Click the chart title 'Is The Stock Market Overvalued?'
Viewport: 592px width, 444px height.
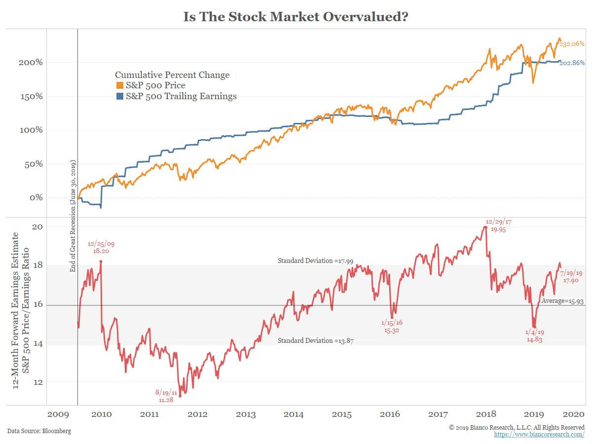(x=296, y=17)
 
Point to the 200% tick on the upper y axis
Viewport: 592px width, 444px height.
(x=31, y=63)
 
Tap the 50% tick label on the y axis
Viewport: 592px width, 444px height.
(x=33, y=164)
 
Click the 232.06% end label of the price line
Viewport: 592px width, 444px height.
(x=572, y=44)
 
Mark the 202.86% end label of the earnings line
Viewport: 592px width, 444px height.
(x=572, y=63)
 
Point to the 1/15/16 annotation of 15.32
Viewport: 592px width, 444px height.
(x=391, y=326)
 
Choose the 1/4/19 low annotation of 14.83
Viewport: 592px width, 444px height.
(x=534, y=335)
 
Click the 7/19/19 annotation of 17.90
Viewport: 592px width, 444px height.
(x=571, y=277)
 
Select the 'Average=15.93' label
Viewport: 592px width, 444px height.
(x=562, y=300)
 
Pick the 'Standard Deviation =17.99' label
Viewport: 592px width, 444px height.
(x=316, y=260)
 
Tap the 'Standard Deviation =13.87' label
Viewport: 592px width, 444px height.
(x=316, y=341)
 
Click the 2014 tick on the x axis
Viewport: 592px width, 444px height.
(x=294, y=414)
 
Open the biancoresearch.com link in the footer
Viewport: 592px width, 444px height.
(x=539, y=434)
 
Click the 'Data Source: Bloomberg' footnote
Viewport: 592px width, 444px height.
(x=39, y=431)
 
